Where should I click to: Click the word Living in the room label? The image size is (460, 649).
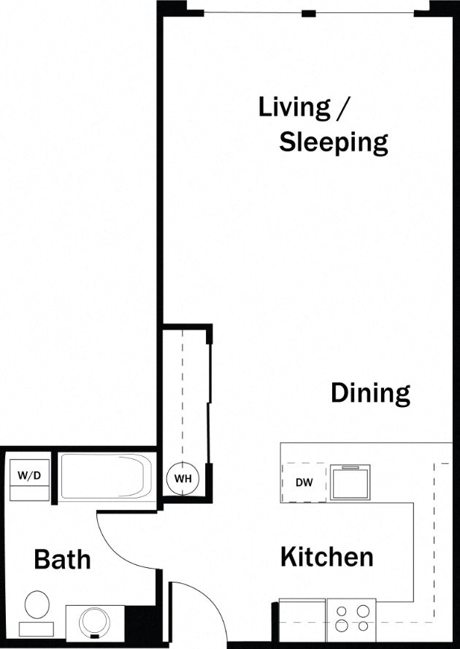[294, 107]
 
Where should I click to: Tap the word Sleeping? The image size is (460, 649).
[333, 142]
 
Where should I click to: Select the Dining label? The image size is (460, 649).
[370, 392]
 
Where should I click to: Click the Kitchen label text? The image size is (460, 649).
[326, 557]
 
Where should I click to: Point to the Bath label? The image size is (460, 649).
[63, 560]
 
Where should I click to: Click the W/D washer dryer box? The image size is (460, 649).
[29, 476]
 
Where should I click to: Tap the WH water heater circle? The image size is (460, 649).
[182, 479]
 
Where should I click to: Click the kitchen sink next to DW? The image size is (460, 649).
[350, 483]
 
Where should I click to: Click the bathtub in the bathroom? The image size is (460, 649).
[106, 478]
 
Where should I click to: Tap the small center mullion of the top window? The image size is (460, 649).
[309, 13]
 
